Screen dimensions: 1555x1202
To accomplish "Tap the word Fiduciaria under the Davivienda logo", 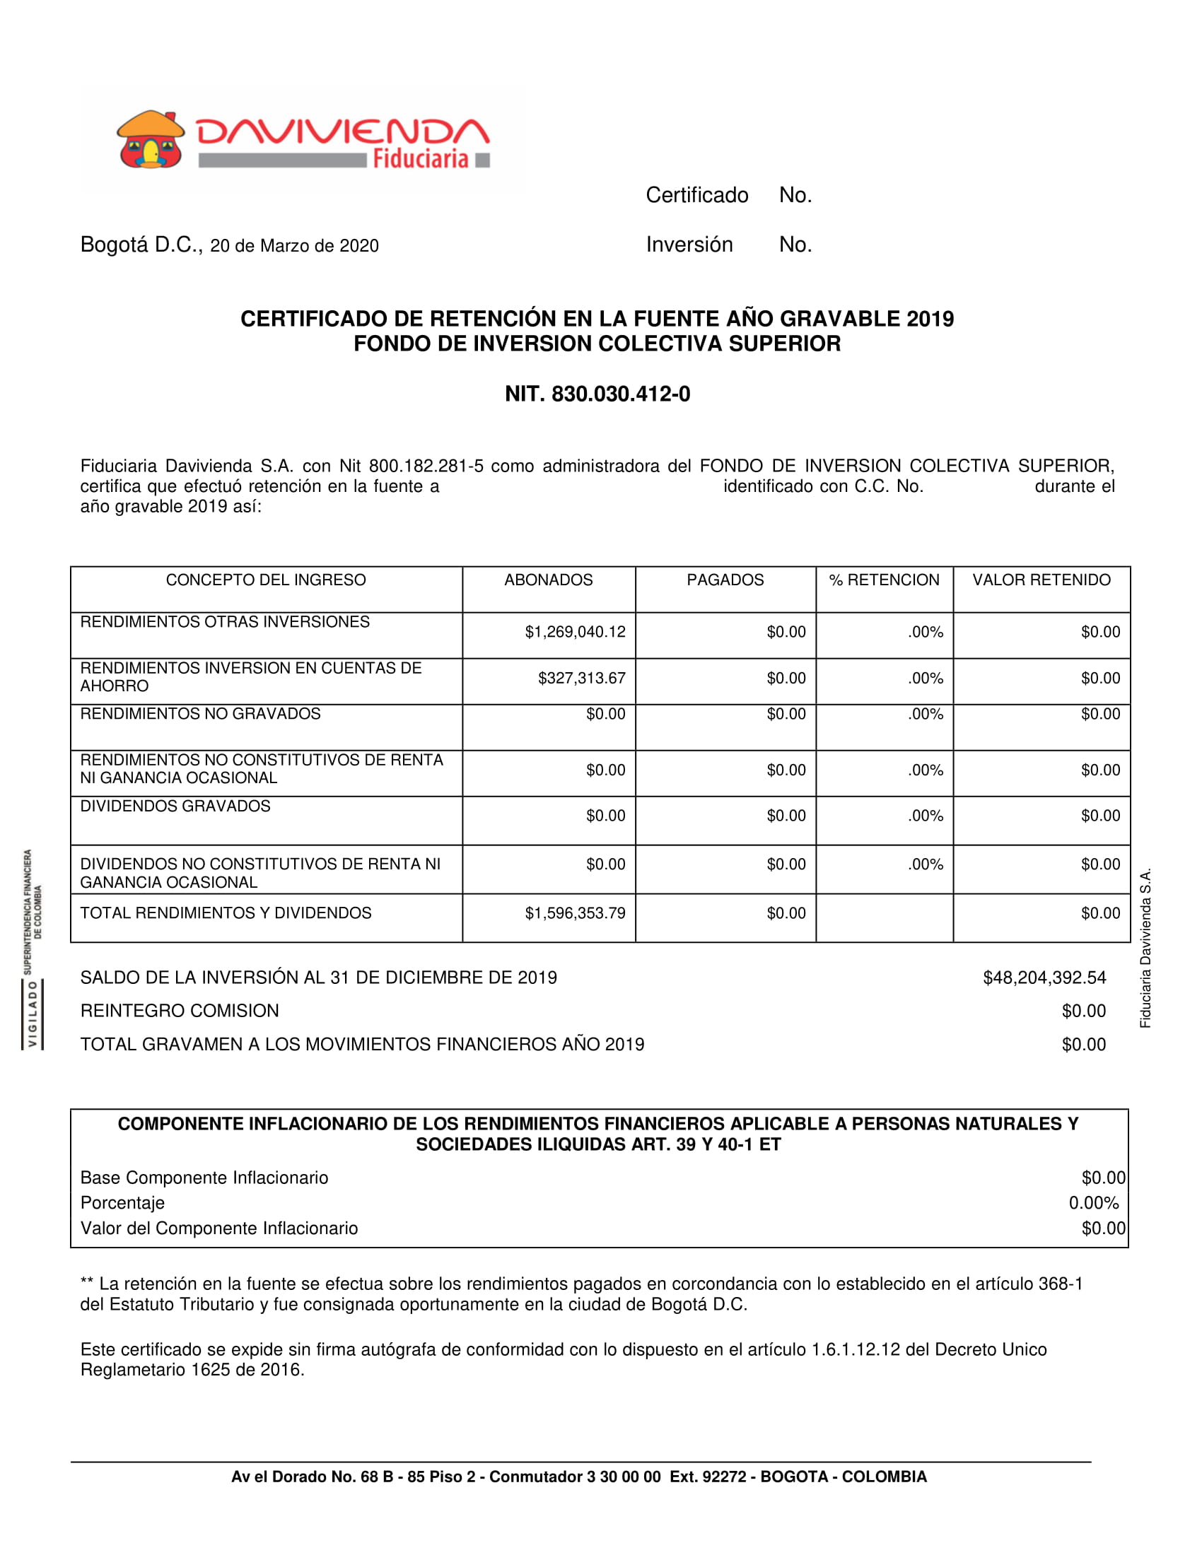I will (420, 158).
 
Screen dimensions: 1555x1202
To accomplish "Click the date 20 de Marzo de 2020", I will (294, 246).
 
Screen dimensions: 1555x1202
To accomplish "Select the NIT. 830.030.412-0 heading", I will (597, 394).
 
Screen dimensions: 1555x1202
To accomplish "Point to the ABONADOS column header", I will (548, 580).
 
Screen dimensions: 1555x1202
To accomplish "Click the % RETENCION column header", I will (884, 580).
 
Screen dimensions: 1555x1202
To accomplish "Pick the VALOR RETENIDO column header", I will (1041, 580).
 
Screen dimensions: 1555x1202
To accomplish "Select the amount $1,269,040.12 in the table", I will (576, 631).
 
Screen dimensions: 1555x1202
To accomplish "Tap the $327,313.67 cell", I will (582, 678).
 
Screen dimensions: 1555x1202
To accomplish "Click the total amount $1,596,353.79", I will (576, 913).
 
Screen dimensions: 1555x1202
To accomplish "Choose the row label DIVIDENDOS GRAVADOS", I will (175, 806).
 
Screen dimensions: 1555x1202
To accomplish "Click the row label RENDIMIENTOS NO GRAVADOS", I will (200, 713).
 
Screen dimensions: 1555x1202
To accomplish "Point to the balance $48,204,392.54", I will (1044, 978).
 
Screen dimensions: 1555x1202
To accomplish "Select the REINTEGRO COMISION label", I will (180, 1011).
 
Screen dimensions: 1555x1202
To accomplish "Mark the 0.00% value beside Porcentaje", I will (1093, 1202).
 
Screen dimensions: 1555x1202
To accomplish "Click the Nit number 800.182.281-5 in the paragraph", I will (426, 466).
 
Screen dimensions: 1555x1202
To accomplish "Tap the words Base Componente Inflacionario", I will (204, 1178).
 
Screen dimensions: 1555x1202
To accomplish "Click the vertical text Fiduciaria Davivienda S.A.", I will (1145, 948).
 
